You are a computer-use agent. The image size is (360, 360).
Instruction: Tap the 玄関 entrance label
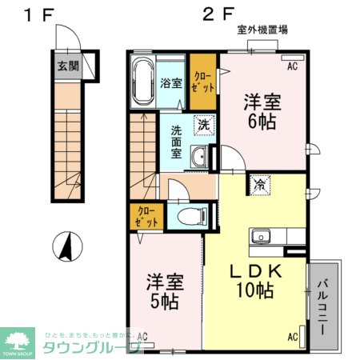coord(67,66)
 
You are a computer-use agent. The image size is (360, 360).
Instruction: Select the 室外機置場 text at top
coord(262,30)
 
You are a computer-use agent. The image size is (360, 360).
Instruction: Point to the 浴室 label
coord(170,82)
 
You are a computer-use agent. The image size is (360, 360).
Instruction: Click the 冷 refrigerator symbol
coord(261,184)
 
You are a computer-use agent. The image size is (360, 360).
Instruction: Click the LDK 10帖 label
coord(253,280)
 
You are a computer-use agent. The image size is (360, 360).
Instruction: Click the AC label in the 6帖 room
coord(292,67)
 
